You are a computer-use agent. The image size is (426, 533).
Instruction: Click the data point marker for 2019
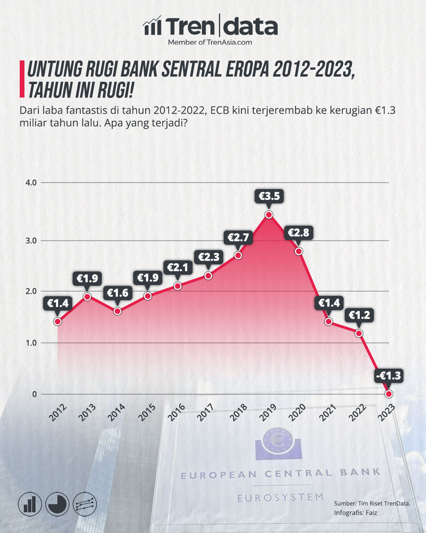[x=269, y=215]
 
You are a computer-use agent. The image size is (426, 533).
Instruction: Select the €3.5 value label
[x=269, y=195]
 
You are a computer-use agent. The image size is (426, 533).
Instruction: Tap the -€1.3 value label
[x=389, y=375]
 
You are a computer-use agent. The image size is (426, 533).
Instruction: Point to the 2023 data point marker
[x=389, y=394]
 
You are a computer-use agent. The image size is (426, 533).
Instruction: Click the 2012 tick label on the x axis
[x=58, y=412]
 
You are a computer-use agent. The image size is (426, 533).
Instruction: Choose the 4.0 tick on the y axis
[x=31, y=183]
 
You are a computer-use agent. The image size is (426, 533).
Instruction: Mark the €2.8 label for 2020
[x=299, y=233]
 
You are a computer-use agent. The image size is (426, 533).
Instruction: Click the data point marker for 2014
[x=117, y=311]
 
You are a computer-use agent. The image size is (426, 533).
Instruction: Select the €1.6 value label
[x=118, y=293]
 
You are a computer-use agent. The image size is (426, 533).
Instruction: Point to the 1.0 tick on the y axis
[x=31, y=343]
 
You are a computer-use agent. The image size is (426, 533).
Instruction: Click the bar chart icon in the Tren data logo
[x=152, y=26]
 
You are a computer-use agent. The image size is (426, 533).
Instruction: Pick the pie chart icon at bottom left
[x=57, y=504]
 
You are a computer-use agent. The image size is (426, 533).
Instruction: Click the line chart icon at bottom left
[x=85, y=504]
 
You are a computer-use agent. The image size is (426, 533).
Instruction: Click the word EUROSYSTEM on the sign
[x=280, y=497]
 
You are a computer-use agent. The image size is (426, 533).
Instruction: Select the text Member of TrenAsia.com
[x=210, y=42]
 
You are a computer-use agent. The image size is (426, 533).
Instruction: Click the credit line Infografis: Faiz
[x=355, y=513]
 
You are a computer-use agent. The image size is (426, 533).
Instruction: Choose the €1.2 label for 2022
[x=359, y=315]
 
